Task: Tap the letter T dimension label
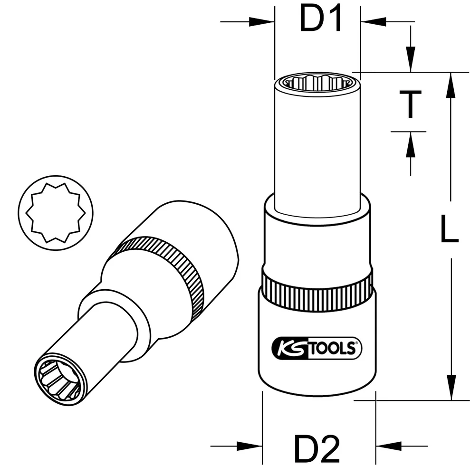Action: click(x=410, y=105)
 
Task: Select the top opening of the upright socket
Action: click(x=317, y=83)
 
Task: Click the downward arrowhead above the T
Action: click(x=410, y=62)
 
